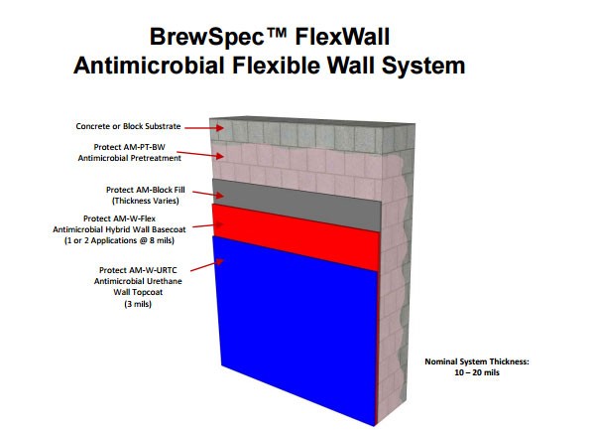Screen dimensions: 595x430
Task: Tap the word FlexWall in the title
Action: pyautogui.click(x=342, y=37)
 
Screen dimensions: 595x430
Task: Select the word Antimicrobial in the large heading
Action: pyautogui.click(x=149, y=65)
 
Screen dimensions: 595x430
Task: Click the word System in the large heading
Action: pyautogui.click(x=423, y=66)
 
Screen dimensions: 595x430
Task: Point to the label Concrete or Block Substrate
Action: pyautogui.click(x=128, y=126)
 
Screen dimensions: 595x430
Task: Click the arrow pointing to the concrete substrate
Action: pyautogui.click(x=204, y=128)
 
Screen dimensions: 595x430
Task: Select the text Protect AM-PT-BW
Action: pyautogui.click(x=129, y=147)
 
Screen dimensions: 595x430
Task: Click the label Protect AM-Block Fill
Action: pyautogui.click(x=146, y=190)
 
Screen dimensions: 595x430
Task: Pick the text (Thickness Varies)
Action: pyautogui.click(x=146, y=201)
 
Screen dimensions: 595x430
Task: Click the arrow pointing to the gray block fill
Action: pyautogui.click(x=208, y=194)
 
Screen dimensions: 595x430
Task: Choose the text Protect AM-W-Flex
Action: pyautogui.click(x=119, y=218)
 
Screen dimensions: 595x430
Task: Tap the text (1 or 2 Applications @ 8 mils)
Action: pyautogui.click(x=119, y=240)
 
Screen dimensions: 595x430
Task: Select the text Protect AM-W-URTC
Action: pyautogui.click(x=138, y=270)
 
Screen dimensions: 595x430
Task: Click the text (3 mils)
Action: pyautogui.click(x=138, y=304)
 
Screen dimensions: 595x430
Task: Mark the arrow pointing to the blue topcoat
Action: pyautogui.click(x=207, y=265)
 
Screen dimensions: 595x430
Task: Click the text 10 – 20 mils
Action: pyautogui.click(x=477, y=372)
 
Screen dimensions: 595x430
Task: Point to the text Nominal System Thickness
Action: pyautogui.click(x=477, y=361)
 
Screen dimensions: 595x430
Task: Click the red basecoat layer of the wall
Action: pyautogui.click(x=296, y=235)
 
